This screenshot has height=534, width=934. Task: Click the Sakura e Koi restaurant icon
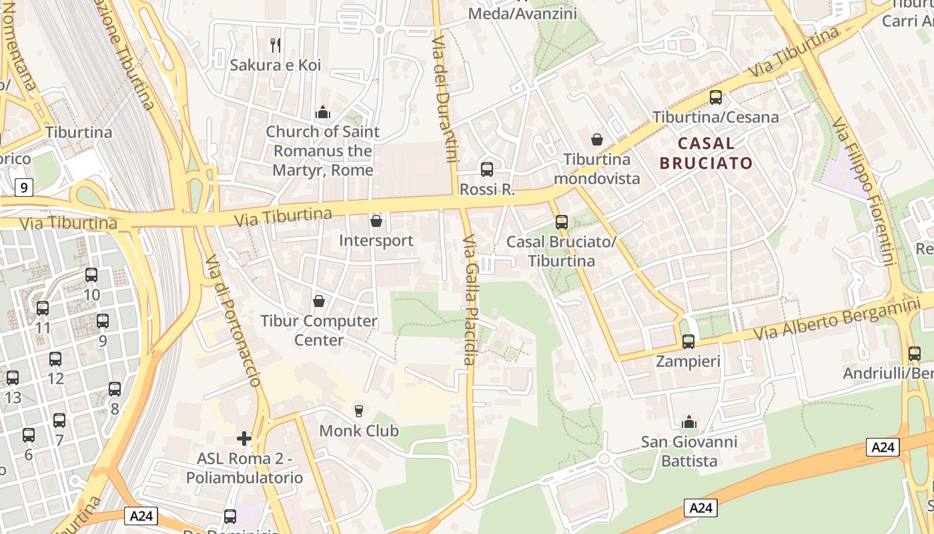[275, 45]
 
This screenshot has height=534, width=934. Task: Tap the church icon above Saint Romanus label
[323, 111]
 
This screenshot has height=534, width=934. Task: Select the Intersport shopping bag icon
[376, 220]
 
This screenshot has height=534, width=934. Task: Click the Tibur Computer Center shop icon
[319, 301]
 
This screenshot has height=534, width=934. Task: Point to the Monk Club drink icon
[359, 411]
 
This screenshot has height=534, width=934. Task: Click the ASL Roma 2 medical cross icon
[244, 439]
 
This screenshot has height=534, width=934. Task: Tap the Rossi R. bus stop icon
[487, 169]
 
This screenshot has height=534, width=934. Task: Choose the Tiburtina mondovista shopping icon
[596, 140]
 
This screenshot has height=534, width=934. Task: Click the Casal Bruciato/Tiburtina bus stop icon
[562, 222]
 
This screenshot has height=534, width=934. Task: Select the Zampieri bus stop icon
[688, 342]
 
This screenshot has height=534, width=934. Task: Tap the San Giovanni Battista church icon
[688, 422]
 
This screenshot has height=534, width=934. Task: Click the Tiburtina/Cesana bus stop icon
[716, 97]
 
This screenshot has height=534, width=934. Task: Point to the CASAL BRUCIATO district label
[706, 153]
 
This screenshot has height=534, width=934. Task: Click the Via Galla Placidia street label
[470, 300]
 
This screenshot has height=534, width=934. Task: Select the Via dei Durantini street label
[446, 99]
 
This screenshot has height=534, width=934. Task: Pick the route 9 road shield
[24, 188]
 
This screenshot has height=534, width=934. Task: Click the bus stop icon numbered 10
[91, 274]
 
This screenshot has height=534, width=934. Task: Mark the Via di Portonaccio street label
[231, 321]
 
